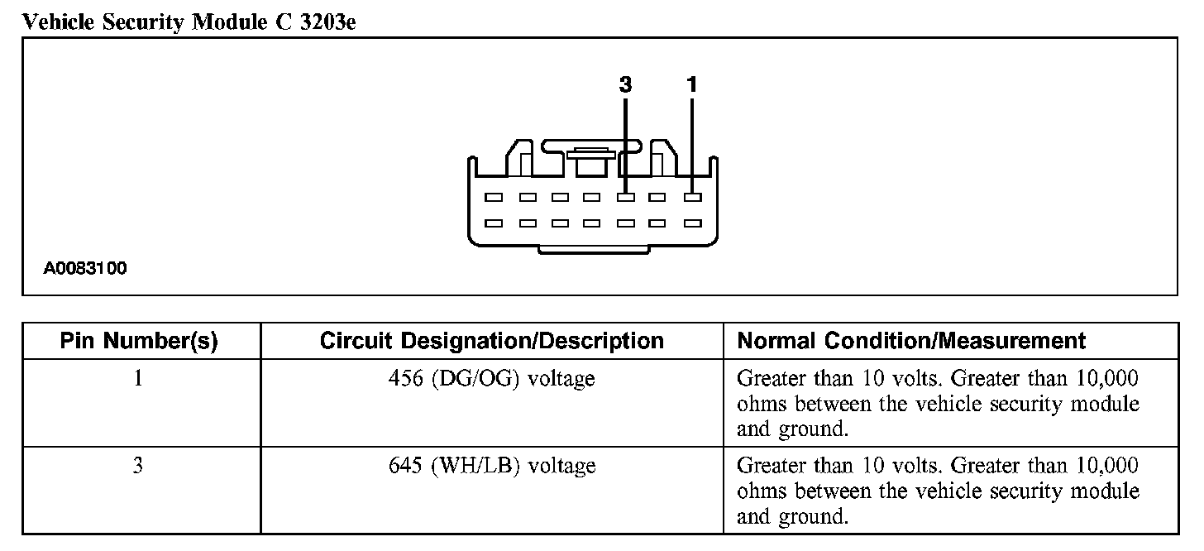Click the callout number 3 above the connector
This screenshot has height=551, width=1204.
click(625, 84)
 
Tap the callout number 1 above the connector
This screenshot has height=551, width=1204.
click(692, 84)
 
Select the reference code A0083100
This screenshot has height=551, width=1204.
click(86, 269)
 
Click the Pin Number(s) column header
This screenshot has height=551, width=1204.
click(139, 341)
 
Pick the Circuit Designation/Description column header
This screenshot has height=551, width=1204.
click(491, 341)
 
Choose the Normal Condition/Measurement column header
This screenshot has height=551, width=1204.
click(911, 341)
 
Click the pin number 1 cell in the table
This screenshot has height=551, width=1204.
click(138, 379)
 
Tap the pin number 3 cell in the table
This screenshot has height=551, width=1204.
click(138, 466)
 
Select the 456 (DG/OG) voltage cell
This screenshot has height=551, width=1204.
click(491, 379)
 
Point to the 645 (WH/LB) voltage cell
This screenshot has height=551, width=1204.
click(491, 466)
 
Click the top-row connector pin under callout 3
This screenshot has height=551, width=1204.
click(626, 198)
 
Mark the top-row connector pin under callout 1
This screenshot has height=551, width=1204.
click(693, 198)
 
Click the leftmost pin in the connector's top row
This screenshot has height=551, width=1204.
click(494, 198)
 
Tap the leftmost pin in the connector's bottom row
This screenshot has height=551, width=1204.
click(494, 223)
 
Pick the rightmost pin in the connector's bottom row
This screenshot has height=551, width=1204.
click(693, 223)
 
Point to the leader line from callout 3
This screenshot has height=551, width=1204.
click(626, 141)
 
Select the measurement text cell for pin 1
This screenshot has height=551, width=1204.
click(938, 404)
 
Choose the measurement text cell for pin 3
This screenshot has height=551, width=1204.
click(938, 491)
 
